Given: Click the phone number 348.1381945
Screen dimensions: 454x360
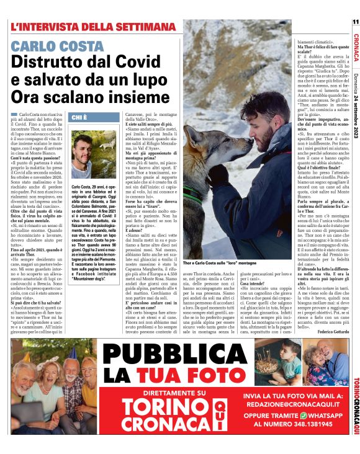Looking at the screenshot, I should click(310, 426).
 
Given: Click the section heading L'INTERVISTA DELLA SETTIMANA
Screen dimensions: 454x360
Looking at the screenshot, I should click(93, 27).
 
